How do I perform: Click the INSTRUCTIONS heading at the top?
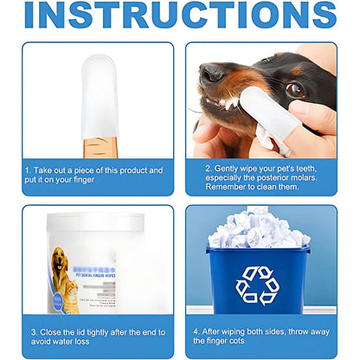[x=180, y=15]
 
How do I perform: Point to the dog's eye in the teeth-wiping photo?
[x=294, y=89]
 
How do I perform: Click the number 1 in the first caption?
[x=28, y=170]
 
